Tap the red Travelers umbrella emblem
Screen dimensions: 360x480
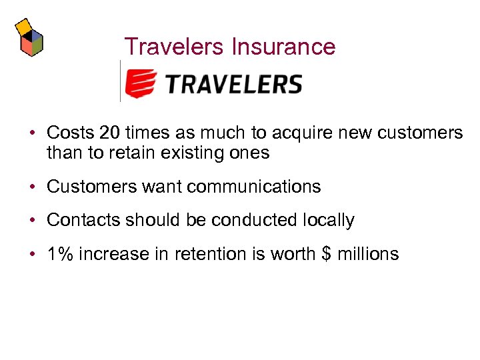pos(141,83)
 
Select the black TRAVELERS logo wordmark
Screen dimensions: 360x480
pos(233,84)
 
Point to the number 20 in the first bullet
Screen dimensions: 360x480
pos(109,133)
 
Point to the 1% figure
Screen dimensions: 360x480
pos(60,254)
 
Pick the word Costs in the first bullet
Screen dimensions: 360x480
pos(69,133)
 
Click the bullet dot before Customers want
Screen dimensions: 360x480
pos(32,187)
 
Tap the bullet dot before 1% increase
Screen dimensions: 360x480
pos(32,255)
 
